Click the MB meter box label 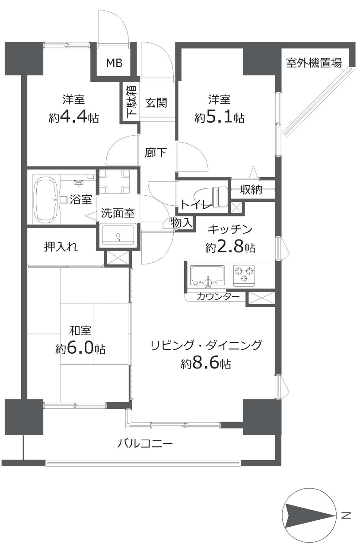114,63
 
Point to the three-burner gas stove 244,275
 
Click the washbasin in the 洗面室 118,235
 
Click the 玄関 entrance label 156,102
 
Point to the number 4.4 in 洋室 73,118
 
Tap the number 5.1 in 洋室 219,118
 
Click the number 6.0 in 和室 80,349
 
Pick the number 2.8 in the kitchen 229,247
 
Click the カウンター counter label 218,296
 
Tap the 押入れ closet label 61,247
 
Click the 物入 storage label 182,223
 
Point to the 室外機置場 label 314,63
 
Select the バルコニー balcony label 145,443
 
